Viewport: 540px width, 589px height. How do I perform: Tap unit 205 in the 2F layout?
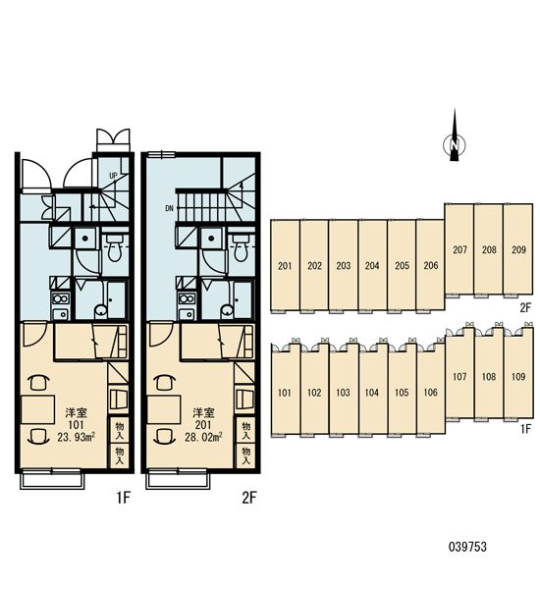coord(402,266)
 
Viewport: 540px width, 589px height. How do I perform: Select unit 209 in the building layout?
coord(518,249)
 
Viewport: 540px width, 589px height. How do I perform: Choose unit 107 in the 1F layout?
coord(459,376)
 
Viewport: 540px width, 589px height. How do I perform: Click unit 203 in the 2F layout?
coord(343,266)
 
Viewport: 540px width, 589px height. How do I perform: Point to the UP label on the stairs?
coord(113,176)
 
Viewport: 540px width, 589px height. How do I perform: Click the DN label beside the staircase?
coord(169,208)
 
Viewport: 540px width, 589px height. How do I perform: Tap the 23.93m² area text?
coord(76,437)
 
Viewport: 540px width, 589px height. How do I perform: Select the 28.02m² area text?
coord(202,437)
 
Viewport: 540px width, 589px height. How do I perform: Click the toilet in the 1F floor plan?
coord(114,247)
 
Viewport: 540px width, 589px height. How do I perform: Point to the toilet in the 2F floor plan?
coord(240,247)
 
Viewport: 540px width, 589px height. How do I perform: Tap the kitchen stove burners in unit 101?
coord(61,299)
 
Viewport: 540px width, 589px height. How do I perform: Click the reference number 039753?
coord(467,547)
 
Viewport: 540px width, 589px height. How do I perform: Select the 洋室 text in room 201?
coord(203,413)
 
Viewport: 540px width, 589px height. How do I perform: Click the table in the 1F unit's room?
coord(37,409)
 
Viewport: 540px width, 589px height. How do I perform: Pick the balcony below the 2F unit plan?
coord(178,481)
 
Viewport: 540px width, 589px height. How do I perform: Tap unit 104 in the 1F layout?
coord(372,393)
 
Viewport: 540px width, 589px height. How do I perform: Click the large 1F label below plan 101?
coord(123,498)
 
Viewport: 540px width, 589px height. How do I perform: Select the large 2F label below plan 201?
coord(248,498)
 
